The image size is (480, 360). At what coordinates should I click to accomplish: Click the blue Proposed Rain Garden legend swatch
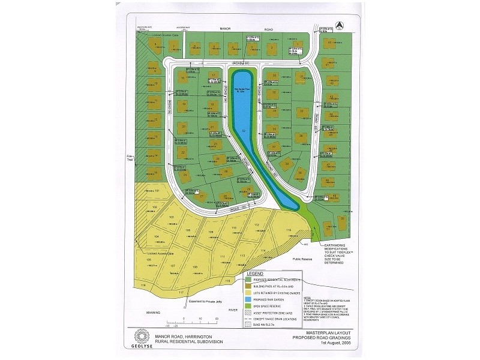248,295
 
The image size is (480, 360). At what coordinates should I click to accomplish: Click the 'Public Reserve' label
304,259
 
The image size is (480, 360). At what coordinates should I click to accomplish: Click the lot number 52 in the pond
244,130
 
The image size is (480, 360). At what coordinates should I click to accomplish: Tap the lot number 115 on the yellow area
288,230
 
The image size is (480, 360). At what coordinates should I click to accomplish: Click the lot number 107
172,265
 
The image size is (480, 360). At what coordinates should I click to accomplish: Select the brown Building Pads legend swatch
248,287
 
